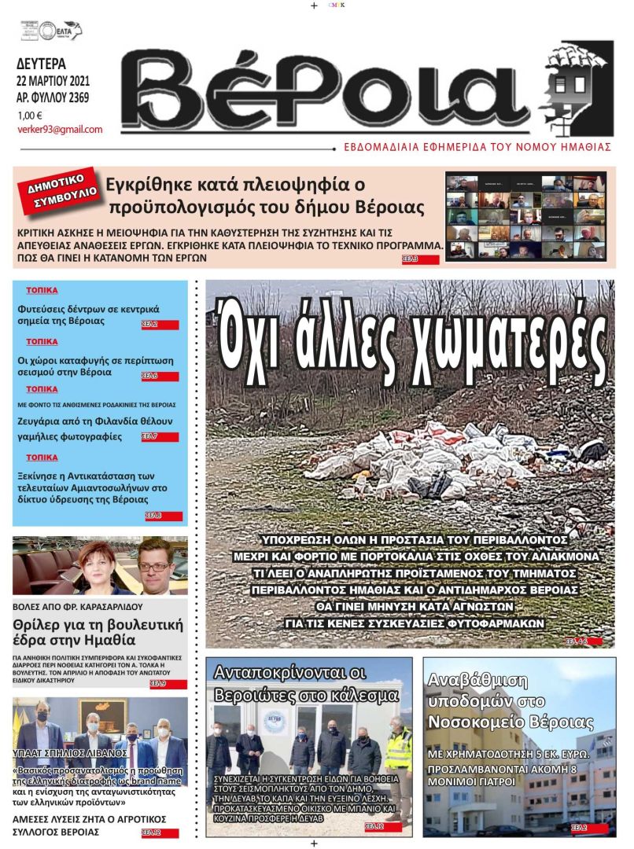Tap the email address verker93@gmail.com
(60, 130)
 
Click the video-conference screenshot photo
(525, 215)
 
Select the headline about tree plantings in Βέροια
(88, 314)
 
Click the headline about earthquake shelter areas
(95, 366)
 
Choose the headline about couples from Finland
(94, 428)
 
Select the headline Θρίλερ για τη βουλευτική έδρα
(98, 634)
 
